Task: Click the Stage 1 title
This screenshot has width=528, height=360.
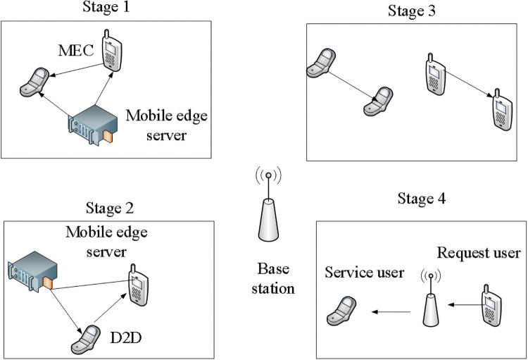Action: (108, 8)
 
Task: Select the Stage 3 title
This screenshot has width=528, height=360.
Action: (413, 11)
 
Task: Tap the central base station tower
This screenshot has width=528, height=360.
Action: (269, 212)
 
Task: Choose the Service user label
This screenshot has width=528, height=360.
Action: (365, 273)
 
